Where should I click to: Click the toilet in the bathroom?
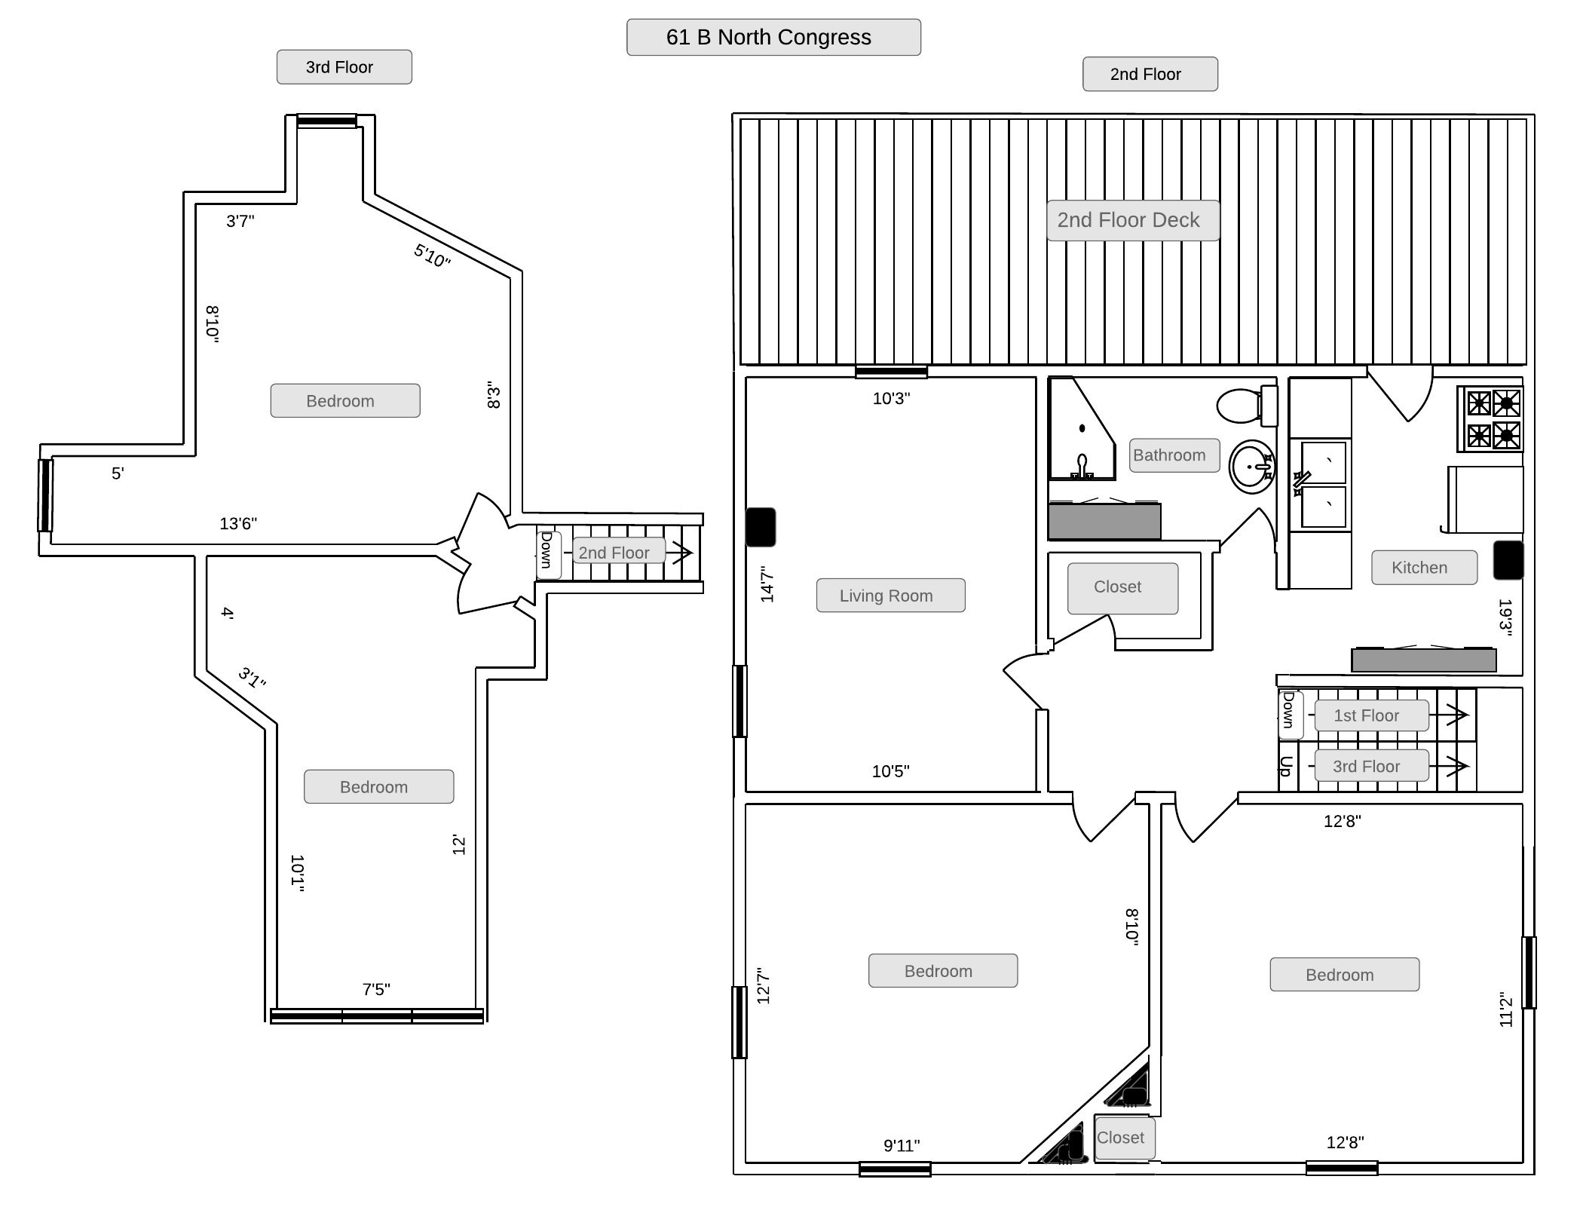tap(1247, 406)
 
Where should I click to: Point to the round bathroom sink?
tap(1252, 467)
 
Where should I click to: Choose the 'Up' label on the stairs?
tap(1286, 766)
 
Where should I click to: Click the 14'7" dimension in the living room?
tap(767, 584)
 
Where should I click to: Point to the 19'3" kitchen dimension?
tap(1505, 617)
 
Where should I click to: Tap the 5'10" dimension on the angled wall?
tap(432, 256)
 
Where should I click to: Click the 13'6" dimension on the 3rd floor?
tap(238, 523)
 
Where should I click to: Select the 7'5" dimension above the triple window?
tap(376, 989)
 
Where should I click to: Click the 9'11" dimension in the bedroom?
tap(902, 1146)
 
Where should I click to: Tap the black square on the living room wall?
tap(761, 527)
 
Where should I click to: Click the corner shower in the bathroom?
tap(1082, 429)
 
